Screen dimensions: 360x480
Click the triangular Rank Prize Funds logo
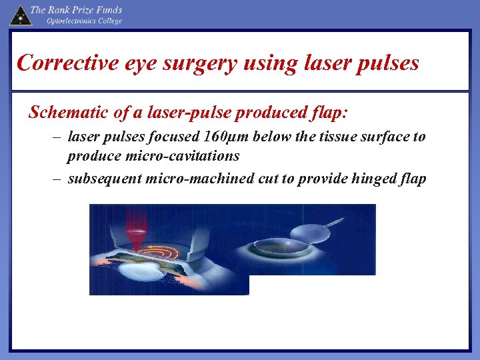pos(20,15)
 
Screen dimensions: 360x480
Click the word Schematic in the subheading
pos(69,112)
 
